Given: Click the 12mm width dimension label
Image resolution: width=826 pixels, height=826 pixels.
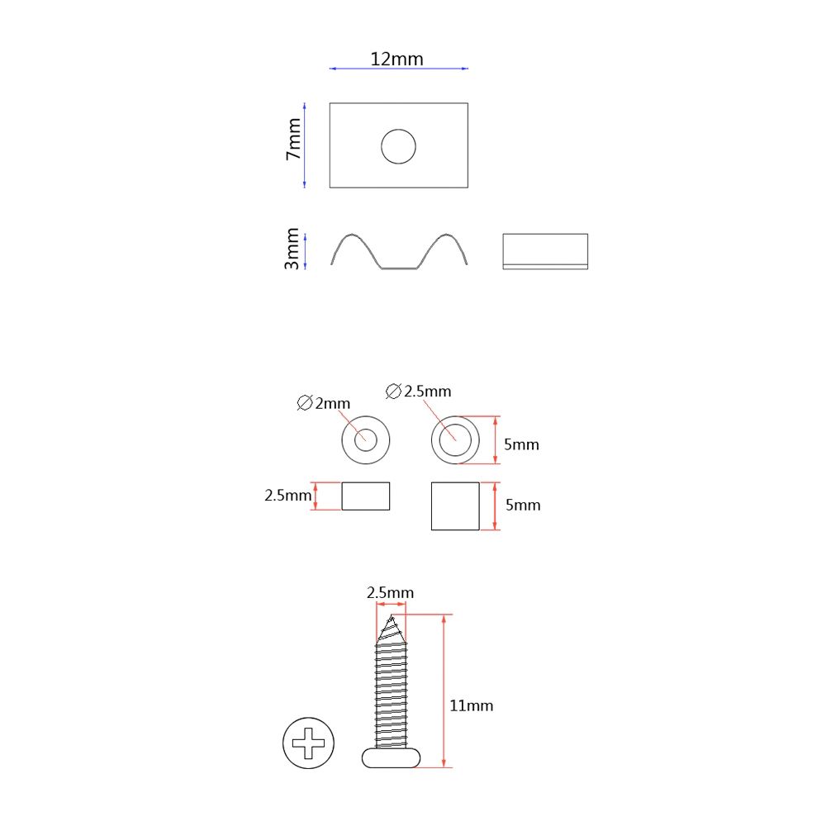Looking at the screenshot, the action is tap(396, 59).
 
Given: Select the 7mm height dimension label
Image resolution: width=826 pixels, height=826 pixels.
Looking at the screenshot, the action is tap(293, 139).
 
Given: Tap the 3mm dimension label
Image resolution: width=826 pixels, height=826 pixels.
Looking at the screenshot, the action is tap(292, 249).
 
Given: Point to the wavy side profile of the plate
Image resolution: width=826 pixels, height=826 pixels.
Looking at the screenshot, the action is tap(399, 268).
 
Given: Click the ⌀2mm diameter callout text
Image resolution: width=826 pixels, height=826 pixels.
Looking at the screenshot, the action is tap(324, 403).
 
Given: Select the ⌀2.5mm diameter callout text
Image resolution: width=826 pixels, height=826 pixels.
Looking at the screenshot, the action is tap(418, 392).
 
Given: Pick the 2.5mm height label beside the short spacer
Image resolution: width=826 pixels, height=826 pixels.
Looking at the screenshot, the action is tap(287, 495).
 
